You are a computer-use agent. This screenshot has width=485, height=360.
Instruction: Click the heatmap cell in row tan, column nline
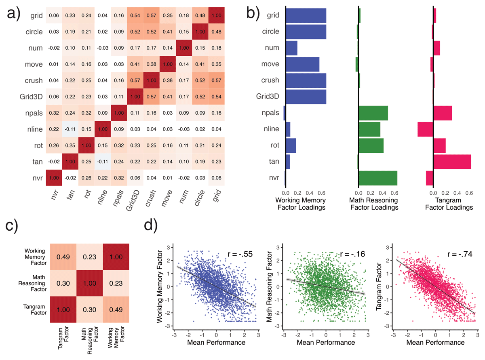click(102, 161)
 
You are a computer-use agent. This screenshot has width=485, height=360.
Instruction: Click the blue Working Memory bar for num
click(291, 48)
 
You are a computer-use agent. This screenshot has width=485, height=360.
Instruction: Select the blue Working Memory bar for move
click(302, 64)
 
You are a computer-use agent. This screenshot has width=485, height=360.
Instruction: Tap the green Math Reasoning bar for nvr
click(378, 178)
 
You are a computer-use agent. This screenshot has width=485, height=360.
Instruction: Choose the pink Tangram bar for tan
click(452, 162)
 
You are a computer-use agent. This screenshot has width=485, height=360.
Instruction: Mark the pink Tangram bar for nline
click(425, 129)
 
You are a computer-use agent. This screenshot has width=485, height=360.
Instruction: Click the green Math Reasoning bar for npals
click(373, 113)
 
